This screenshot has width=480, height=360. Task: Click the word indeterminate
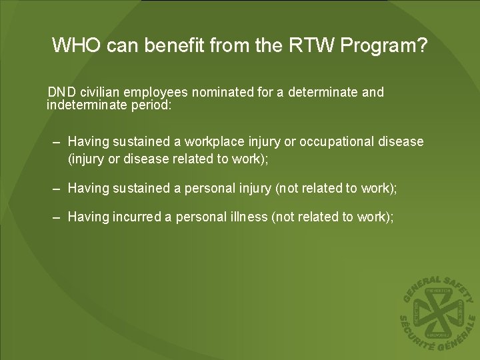[x=87, y=105]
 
